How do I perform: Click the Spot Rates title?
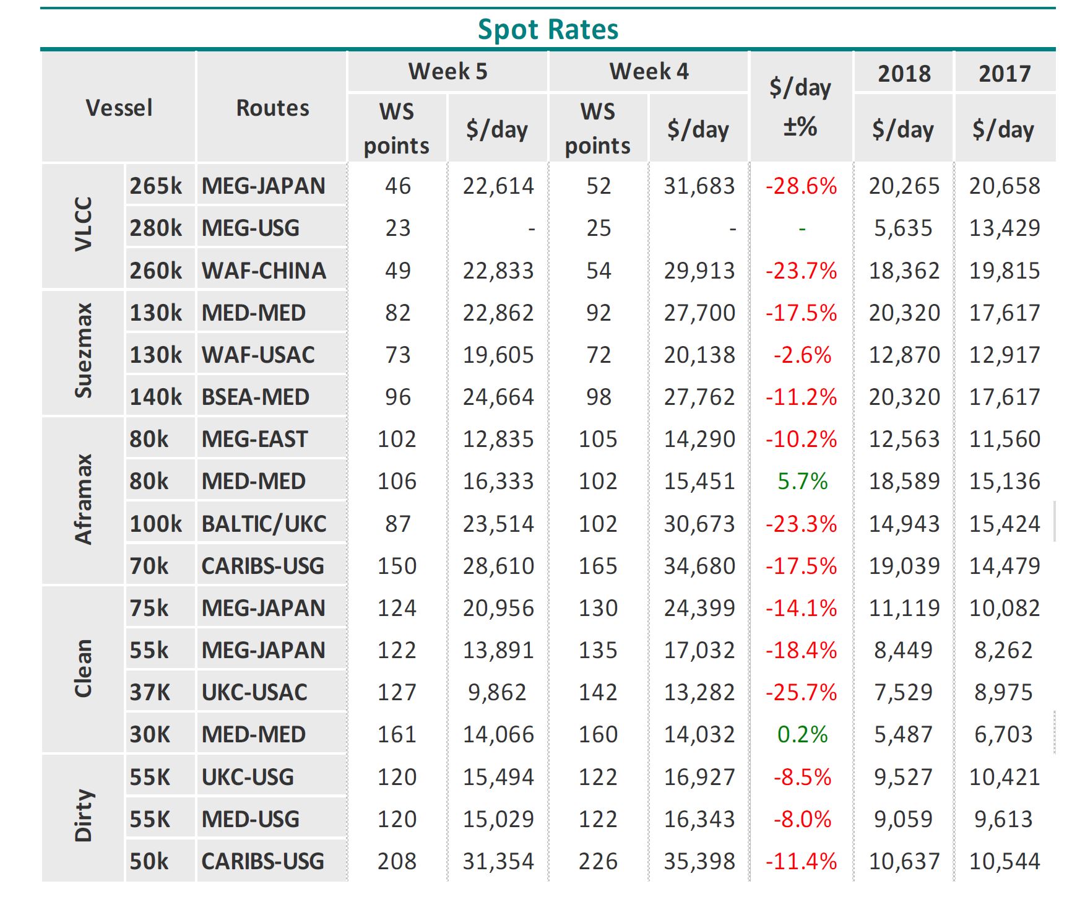(548, 30)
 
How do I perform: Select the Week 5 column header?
(447, 72)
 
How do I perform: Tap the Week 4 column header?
(649, 72)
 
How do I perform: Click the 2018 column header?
(904, 74)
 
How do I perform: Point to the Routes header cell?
(272, 108)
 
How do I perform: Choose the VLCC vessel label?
(84, 225)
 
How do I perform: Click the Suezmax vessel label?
(84, 351)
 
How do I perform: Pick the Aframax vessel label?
(84, 500)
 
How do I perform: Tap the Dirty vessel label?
(84, 816)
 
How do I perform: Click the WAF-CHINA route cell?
(264, 271)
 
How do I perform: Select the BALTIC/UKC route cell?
(264, 524)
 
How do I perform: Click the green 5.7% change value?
(802, 482)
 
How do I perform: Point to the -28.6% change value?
(801, 186)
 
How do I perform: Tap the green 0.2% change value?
(802, 735)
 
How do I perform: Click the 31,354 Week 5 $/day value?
(498, 862)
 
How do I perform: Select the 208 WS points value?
(397, 862)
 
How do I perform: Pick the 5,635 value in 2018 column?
(903, 228)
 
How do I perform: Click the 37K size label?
(150, 693)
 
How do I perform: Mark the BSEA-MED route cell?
(255, 397)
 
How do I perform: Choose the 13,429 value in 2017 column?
(1005, 228)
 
